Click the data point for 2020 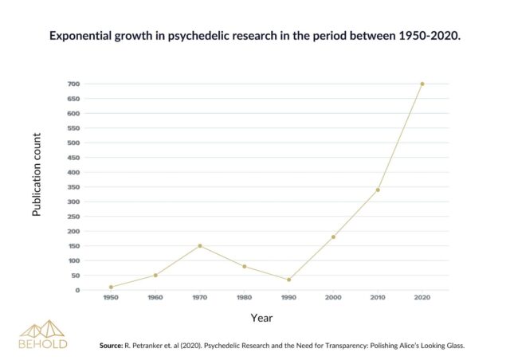(x=422, y=84)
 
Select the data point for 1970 (x=200, y=246)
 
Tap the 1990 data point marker (x=288, y=280)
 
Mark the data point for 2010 (x=378, y=190)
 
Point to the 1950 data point (x=111, y=288)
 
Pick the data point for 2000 (x=333, y=237)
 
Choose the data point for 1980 (x=245, y=267)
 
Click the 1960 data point (x=155, y=276)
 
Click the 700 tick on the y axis (x=73, y=84)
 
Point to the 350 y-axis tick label (x=73, y=187)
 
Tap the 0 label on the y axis (x=77, y=291)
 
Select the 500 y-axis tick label (x=73, y=143)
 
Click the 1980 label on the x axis (x=245, y=298)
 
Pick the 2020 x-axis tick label (x=422, y=298)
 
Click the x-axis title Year (x=261, y=318)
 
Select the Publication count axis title (x=37, y=174)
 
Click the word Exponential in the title (x=80, y=36)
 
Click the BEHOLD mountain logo (x=42, y=335)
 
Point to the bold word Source (x=111, y=346)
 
